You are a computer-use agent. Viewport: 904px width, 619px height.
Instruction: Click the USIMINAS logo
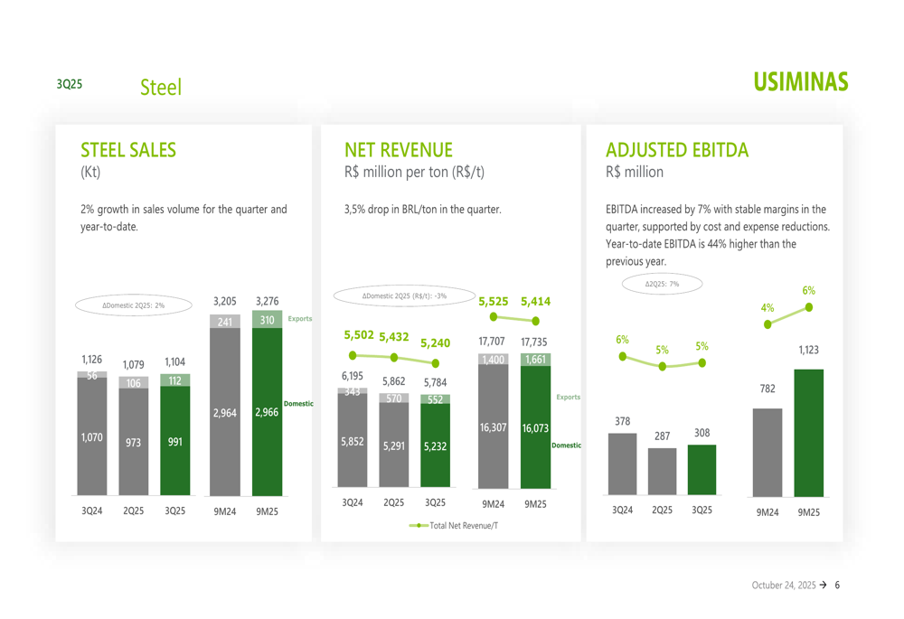tap(803, 82)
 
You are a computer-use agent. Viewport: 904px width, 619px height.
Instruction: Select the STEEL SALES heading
tap(128, 150)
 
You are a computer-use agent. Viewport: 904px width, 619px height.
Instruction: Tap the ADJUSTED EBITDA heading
tap(677, 150)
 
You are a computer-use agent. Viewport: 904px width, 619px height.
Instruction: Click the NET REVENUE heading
tap(399, 150)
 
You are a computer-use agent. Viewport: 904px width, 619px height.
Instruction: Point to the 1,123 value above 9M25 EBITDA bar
tap(808, 350)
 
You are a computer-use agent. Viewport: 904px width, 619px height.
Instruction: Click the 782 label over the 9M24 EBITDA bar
tap(767, 389)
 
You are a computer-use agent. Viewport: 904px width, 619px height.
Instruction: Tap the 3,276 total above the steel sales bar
tap(267, 301)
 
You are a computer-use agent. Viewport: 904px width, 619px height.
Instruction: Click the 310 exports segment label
tap(267, 320)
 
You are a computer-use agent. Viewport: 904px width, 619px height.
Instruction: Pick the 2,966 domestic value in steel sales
tap(267, 412)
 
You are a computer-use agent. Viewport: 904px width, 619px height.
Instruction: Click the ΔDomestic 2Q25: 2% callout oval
tap(134, 305)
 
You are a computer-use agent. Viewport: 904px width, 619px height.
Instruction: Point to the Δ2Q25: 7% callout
tap(662, 284)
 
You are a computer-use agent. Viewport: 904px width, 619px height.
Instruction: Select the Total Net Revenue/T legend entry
tap(453, 525)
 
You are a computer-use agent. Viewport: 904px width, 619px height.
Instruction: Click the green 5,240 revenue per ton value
tap(435, 343)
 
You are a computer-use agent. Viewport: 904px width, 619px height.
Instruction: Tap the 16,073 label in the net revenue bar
tap(535, 427)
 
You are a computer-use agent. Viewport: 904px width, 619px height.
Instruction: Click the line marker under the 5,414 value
tap(536, 320)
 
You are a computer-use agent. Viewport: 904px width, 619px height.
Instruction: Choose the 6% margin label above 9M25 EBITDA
tap(808, 291)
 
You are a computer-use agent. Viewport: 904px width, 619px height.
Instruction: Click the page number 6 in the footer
tap(837, 586)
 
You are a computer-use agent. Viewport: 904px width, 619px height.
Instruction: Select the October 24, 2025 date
tap(783, 586)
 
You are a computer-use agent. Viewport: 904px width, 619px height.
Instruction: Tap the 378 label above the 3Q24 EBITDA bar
tap(622, 421)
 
